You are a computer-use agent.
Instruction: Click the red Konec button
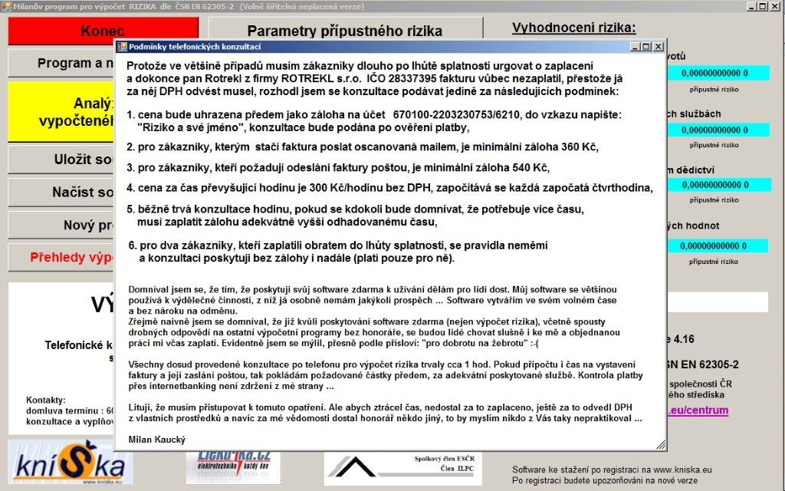103,31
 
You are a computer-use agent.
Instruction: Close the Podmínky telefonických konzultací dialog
658,48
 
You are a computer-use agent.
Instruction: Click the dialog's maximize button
646,48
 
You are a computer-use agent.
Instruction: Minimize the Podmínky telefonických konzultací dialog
635,48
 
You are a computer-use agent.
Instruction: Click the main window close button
776,6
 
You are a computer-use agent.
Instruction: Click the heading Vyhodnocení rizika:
573,28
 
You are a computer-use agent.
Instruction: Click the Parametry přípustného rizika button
344,31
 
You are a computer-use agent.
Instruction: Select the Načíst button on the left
61,192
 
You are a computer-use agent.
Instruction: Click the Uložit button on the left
61,160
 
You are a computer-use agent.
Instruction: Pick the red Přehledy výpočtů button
61,257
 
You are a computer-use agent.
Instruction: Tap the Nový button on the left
61,225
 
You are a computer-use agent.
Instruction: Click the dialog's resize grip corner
659,445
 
